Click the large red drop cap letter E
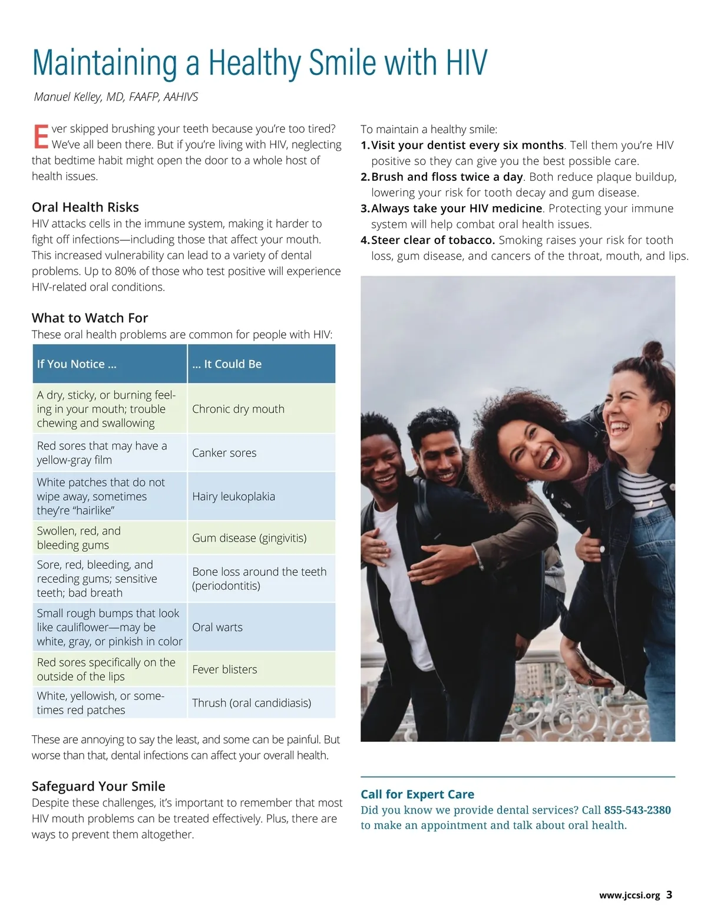pyautogui.click(x=40, y=136)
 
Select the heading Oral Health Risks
pyautogui.click(x=85, y=207)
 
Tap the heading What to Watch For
pyautogui.click(x=90, y=318)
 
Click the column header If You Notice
pyautogui.click(x=77, y=364)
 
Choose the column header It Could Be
pyautogui.click(x=227, y=364)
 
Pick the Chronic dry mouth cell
pyautogui.click(x=238, y=409)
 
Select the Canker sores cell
pyautogui.click(x=224, y=453)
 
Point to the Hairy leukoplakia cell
pyautogui.click(x=233, y=496)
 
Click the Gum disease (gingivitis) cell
pyautogui.click(x=249, y=537)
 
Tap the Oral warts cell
pyautogui.click(x=217, y=627)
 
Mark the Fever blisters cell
pyautogui.click(x=224, y=669)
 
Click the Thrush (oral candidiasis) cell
pyautogui.click(x=252, y=702)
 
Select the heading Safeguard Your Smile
pyautogui.click(x=98, y=786)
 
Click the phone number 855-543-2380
pyautogui.click(x=637, y=810)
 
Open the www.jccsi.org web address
pyautogui.click(x=629, y=895)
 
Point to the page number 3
pyautogui.click(x=669, y=894)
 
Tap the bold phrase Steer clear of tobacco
pyautogui.click(x=433, y=240)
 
